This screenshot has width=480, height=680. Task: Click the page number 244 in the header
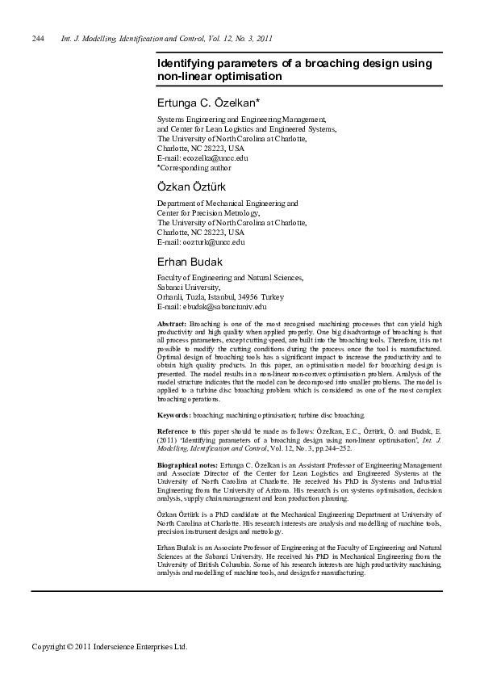(37, 39)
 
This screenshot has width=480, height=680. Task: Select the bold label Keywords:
(175, 415)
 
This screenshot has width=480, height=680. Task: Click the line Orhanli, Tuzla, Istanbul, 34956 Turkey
(220, 296)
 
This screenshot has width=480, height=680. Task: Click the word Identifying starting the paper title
(188, 63)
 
